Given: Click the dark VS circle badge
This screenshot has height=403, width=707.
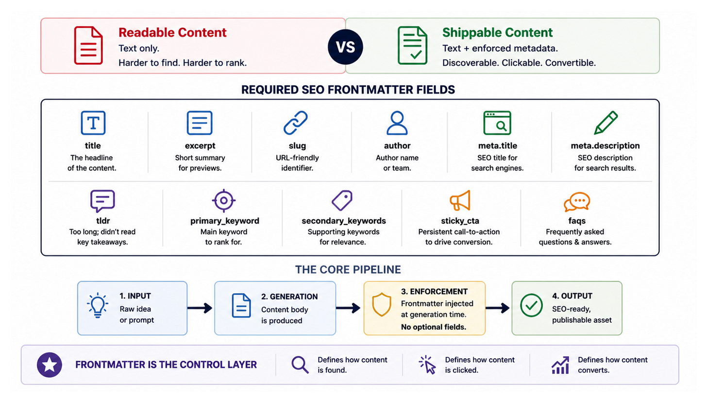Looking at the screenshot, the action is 345,47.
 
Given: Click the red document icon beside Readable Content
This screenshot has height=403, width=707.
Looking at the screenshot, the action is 88,46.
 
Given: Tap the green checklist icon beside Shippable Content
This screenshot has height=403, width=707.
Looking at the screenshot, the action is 413,46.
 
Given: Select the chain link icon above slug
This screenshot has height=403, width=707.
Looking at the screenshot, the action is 295,123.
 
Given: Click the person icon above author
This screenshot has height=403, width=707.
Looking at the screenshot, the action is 397,123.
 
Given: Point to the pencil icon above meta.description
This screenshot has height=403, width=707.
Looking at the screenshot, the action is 606,123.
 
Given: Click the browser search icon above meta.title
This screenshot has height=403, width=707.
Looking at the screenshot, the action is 497,123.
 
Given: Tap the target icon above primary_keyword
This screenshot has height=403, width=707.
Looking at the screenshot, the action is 224,200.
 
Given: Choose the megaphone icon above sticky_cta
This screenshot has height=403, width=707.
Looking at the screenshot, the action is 460,200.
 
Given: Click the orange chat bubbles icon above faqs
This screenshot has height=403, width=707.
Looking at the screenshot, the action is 577,202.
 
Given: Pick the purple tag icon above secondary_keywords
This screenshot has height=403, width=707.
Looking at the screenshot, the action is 342,200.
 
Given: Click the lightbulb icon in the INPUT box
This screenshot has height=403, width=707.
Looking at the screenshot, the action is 98,305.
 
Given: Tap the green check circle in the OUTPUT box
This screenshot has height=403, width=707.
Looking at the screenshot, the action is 532,305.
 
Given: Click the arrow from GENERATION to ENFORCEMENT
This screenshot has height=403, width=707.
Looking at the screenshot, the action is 348,308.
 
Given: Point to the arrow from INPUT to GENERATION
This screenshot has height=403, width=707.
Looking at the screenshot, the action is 200,308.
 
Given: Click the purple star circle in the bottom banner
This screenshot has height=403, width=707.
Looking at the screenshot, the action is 50,365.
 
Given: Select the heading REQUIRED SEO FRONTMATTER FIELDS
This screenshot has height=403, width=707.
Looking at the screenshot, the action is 348,90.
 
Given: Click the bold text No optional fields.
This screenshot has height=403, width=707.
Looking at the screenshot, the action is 434,327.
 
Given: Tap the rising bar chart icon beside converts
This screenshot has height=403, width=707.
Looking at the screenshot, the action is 560,365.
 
